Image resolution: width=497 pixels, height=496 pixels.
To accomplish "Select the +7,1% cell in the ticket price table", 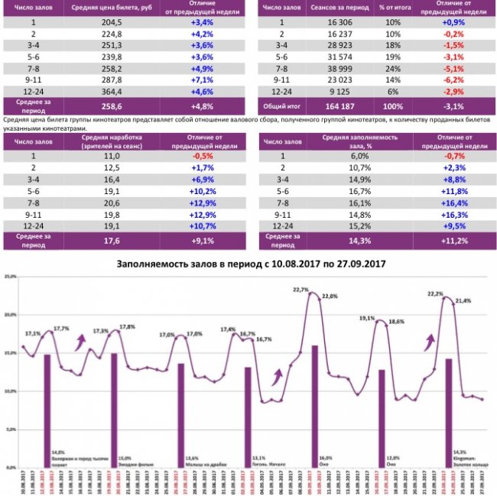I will pos(202,79).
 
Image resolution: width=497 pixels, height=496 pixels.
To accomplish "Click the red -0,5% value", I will pos(202,154).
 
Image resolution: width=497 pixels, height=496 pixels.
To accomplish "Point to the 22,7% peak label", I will pos(300,290).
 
